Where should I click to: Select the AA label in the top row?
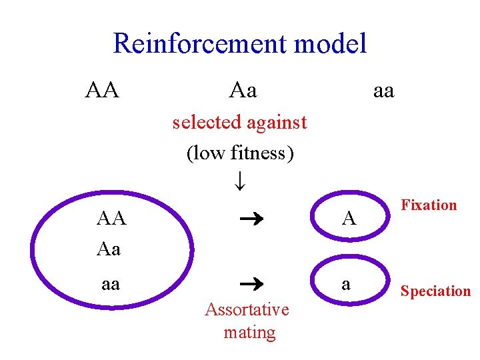[x=102, y=89]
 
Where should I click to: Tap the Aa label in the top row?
[x=243, y=89]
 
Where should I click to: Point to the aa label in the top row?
[x=383, y=89]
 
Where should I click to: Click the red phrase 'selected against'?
[x=239, y=122]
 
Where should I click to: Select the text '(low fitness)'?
[x=240, y=153]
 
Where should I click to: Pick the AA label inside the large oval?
[x=111, y=218]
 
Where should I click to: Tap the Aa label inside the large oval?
[x=109, y=249]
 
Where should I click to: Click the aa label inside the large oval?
[x=110, y=284]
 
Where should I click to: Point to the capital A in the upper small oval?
[x=349, y=218]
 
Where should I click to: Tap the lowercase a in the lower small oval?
[x=345, y=284]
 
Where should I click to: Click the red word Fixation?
[x=429, y=205]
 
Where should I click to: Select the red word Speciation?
[x=435, y=291]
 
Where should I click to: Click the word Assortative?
[x=247, y=309]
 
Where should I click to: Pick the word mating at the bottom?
[x=249, y=332]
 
